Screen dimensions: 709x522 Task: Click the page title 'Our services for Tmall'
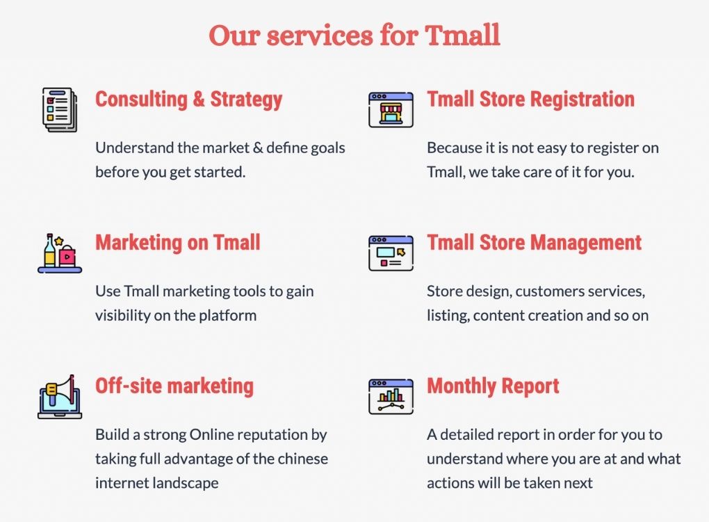354,35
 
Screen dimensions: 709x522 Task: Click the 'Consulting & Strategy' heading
188,99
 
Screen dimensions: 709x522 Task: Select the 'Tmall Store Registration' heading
531,99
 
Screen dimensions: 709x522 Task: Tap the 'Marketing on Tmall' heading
178,242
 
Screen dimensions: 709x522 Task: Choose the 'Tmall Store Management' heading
534,243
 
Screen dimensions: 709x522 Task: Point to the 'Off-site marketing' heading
174,386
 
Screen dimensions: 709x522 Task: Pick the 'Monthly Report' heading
493,386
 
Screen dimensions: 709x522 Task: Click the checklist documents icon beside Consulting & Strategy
60,110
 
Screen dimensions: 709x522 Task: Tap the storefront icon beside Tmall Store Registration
391,109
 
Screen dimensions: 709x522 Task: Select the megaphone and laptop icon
60,397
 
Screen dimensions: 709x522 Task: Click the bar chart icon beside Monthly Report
391,397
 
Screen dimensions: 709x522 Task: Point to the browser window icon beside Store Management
391,253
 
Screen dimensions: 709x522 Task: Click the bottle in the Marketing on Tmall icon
49,251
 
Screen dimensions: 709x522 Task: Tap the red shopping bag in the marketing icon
67,256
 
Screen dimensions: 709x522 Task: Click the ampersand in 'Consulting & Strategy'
199,99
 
